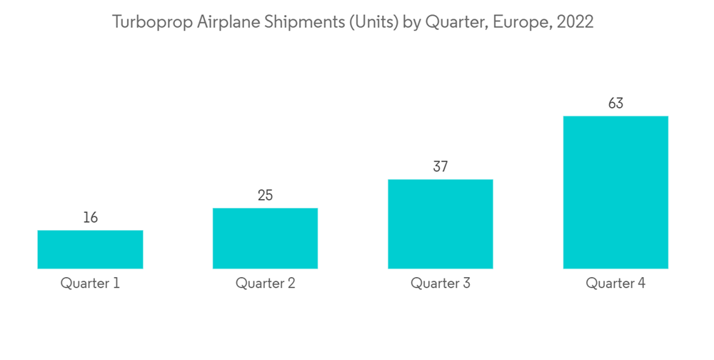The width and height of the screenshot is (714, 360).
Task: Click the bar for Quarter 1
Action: click(x=90, y=249)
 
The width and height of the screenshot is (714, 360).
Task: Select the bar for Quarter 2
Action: click(x=265, y=239)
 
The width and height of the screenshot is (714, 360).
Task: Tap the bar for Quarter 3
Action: click(x=441, y=224)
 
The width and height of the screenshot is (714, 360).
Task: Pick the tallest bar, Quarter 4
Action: click(x=615, y=192)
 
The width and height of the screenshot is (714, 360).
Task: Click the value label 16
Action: click(x=90, y=218)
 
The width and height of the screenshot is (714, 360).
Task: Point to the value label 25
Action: click(x=265, y=196)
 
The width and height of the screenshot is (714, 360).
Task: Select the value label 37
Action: click(x=441, y=167)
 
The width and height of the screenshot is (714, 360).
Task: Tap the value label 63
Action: click(x=615, y=104)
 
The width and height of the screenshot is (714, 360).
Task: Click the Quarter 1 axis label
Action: click(x=90, y=284)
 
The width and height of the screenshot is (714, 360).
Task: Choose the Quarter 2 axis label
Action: click(x=265, y=284)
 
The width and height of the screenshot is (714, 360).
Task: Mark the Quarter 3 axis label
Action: click(x=441, y=284)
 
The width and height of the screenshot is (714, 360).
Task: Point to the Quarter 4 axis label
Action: click(x=615, y=284)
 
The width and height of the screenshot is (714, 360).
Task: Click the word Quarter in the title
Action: click(x=451, y=22)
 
